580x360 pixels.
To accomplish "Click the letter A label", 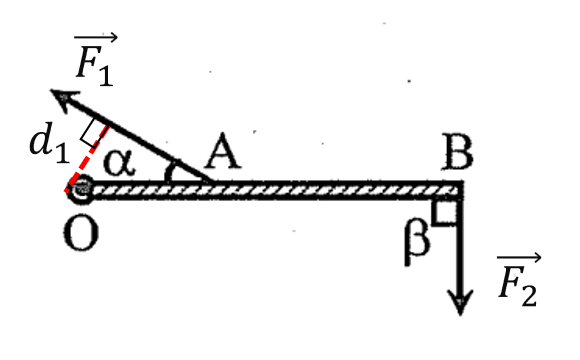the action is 223,151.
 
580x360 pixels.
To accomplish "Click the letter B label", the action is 458,152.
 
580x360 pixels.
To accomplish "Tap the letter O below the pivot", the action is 81,233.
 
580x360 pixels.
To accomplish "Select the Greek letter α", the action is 119,163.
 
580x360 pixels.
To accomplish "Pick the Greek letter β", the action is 417,242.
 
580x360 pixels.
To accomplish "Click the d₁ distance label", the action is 49,142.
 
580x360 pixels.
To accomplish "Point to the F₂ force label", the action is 519,279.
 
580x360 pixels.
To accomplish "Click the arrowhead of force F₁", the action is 64,99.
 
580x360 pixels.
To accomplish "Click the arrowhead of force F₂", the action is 460,302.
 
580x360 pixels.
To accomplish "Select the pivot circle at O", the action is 81,189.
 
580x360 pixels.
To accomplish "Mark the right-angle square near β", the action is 445,212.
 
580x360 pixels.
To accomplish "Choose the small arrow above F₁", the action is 96,37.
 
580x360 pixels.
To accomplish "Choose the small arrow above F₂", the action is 519,258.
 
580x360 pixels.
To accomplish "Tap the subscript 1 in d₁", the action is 63,152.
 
